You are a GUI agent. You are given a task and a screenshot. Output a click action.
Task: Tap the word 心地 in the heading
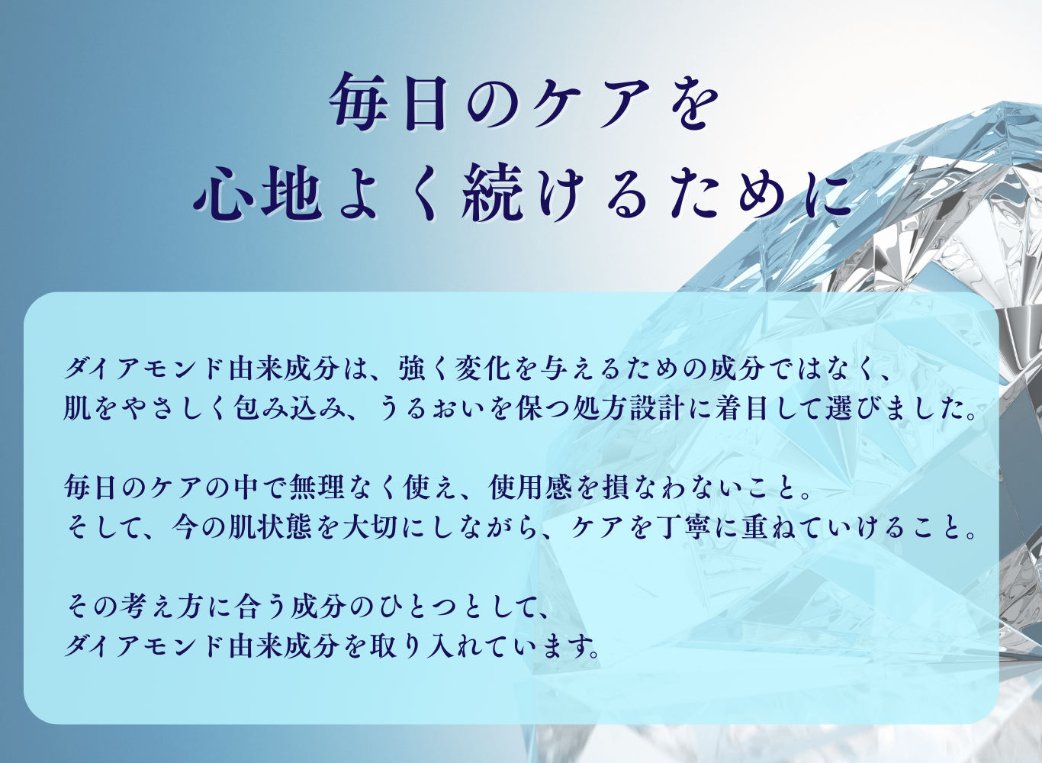[256, 194]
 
